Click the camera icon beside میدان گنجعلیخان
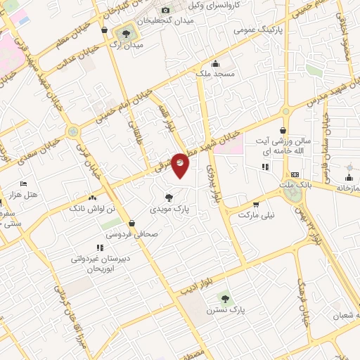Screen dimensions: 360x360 166,10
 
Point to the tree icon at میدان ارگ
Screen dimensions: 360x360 127,32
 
